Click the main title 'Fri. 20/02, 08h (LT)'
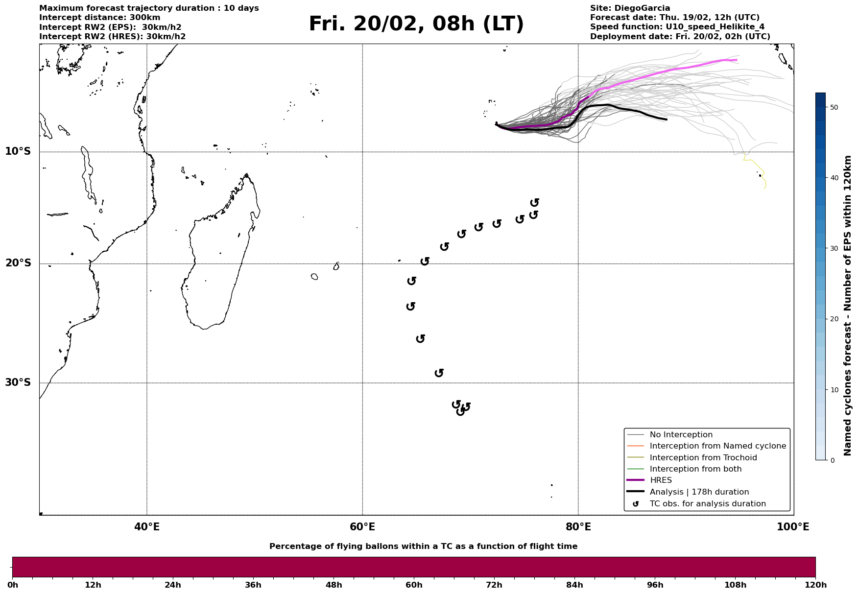[x=416, y=24]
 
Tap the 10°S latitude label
[x=18, y=151]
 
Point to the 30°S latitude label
[x=18, y=382]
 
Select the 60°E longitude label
[x=362, y=527]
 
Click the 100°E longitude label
[x=793, y=527]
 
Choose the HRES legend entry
[x=661, y=480]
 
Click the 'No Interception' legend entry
[x=681, y=435]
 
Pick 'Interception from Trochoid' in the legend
[x=703, y=458]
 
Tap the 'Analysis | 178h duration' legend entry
[x=699, y=492]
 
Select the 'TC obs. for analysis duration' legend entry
[x=707, y=504]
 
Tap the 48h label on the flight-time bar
[x=334, y=585]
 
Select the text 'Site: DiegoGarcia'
[x=630, y=8]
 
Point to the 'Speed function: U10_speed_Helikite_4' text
[x=677, y=27]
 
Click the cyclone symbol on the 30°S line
[x=439, y=373]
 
